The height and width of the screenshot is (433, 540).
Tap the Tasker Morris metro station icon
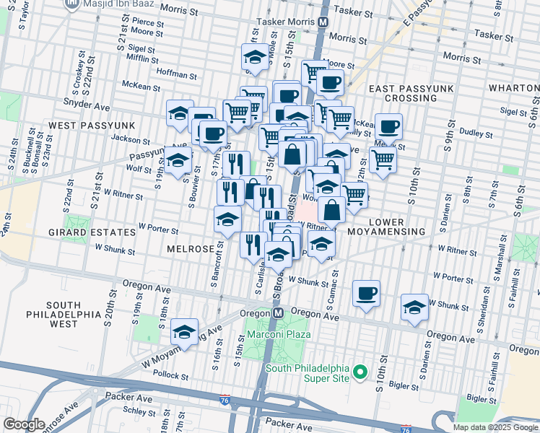(324, 22)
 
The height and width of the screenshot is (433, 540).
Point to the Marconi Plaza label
(279, 334)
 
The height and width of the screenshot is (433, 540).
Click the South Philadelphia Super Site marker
(361, 374)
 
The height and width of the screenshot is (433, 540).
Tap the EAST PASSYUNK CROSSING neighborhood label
(411, 92)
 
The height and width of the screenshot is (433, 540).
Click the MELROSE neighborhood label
(191, 248)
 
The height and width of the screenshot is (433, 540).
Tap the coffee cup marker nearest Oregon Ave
(367, 294)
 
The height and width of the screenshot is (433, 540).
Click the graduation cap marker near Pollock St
(185, 333)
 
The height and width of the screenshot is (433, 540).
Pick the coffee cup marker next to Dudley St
(389, 126)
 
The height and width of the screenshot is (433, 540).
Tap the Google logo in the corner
(24, 424)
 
